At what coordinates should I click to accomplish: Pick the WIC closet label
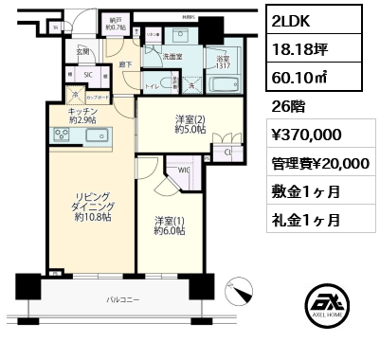coord(184,171)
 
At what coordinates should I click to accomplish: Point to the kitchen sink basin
coord(98,136)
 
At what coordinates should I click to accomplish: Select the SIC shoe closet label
coord(89,75)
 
